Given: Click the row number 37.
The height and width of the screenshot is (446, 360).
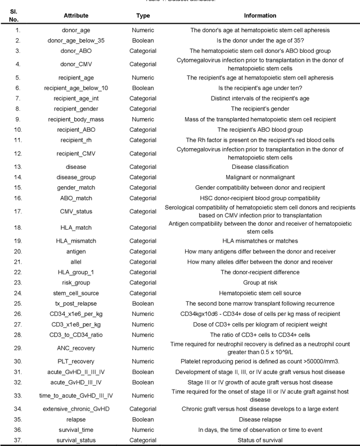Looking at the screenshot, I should (x=18, y=440).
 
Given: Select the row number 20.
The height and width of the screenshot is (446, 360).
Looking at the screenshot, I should (x=18, y=251).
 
